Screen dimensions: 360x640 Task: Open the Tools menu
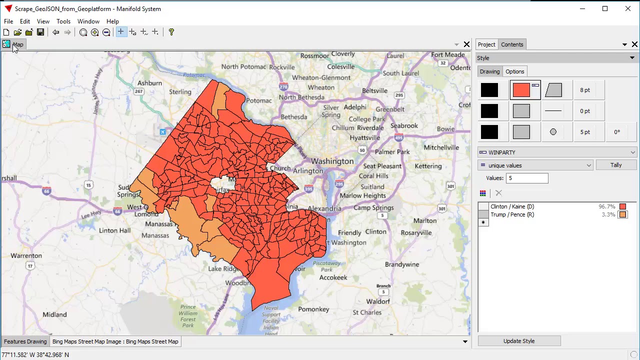point(63,21)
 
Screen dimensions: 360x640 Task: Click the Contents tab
point(512,44)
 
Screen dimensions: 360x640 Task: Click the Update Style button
point(519,341)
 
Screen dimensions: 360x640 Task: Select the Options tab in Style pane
point(514,71)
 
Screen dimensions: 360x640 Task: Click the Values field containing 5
point(527,178)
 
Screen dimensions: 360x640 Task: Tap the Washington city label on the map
point(332,161)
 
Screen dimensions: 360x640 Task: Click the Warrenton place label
point(26,255)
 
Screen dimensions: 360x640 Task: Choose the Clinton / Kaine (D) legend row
point(512,206)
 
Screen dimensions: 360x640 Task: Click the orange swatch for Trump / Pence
point(622,214)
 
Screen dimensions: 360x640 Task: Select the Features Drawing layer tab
point(25,341)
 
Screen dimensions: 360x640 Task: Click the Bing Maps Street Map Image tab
point(115,341)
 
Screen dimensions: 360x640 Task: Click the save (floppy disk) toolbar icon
point(40,32)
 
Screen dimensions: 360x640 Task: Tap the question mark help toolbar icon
point(171,32)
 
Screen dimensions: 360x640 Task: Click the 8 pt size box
point(585,90)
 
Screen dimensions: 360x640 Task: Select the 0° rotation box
point(617,132)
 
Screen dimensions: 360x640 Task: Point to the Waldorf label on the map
point(378,301)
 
